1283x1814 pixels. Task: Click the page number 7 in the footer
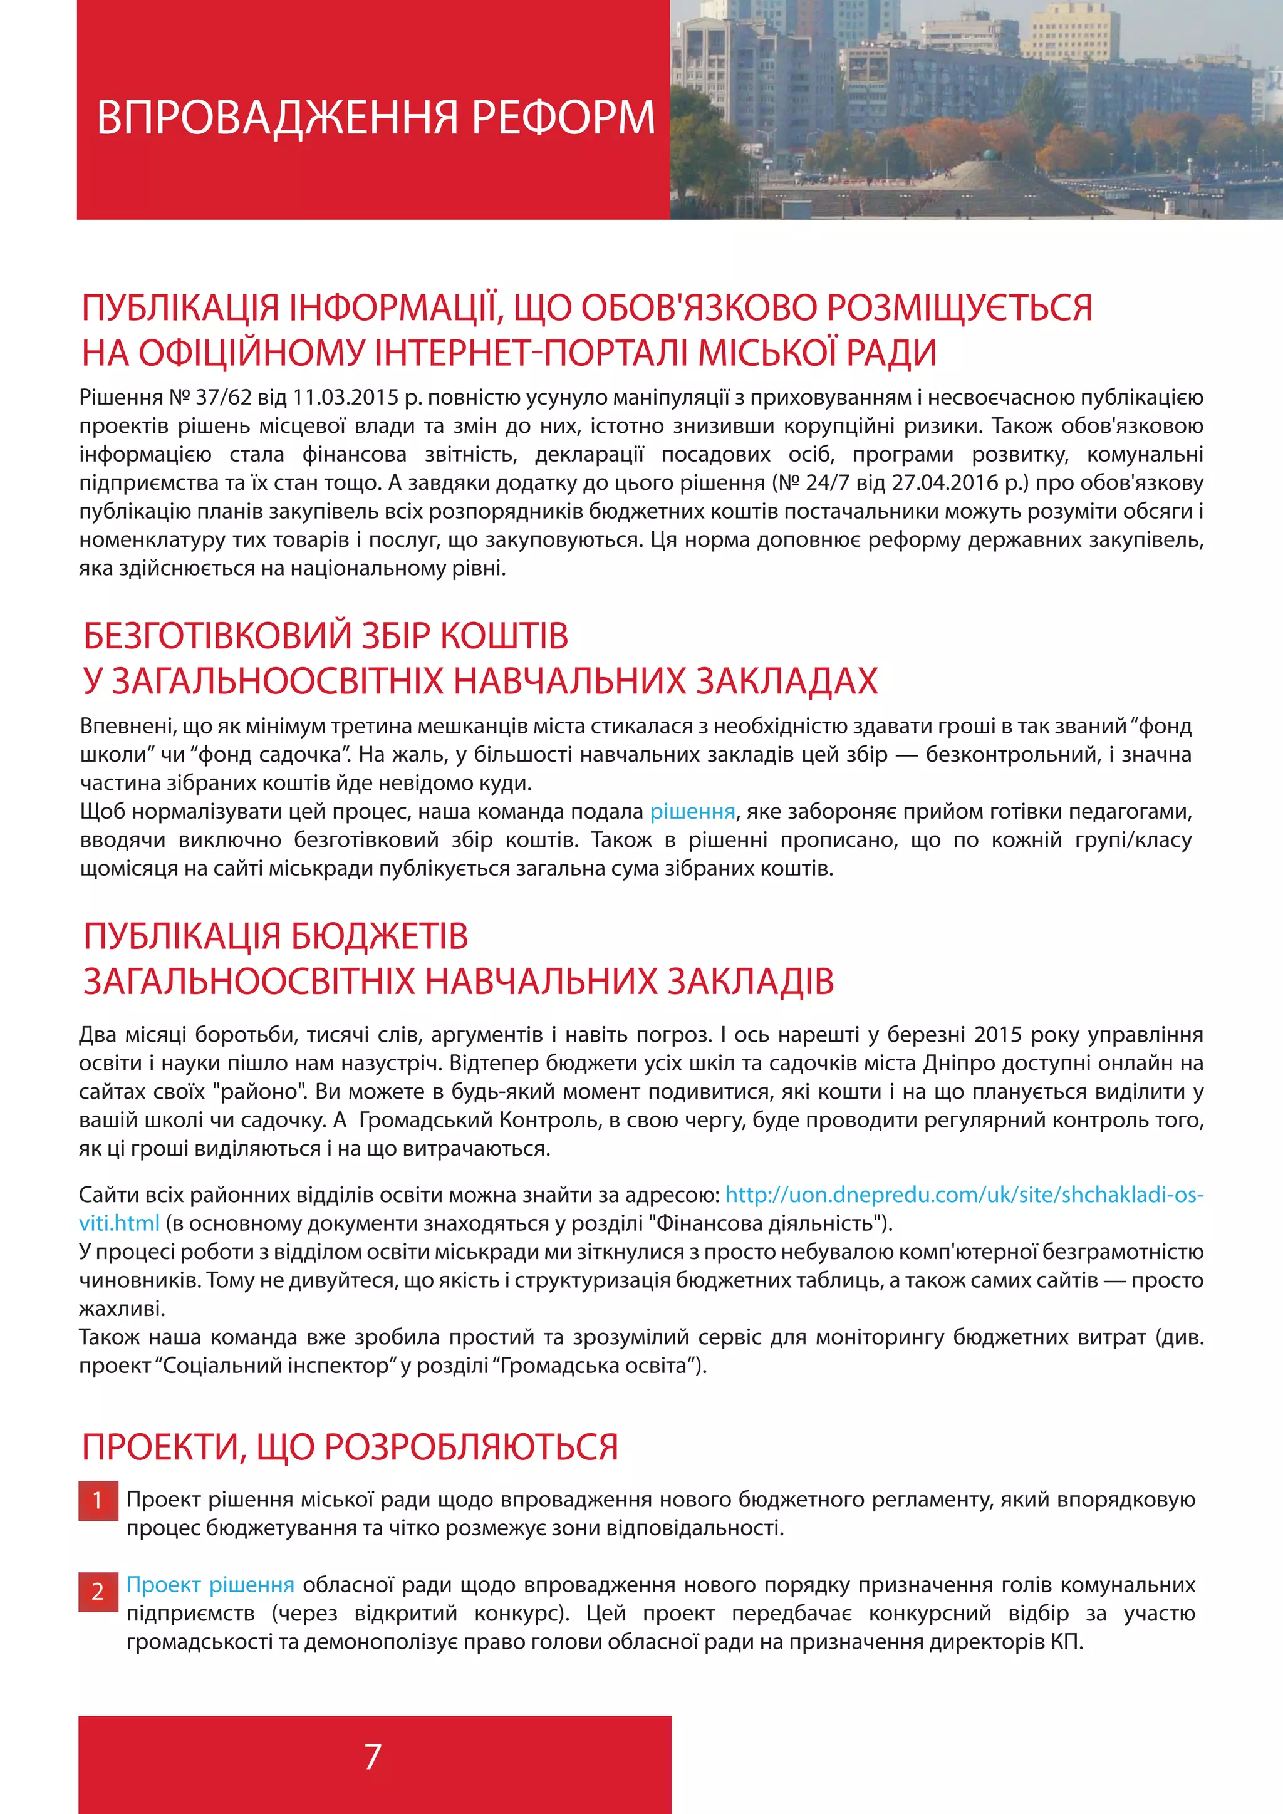[373, 1756]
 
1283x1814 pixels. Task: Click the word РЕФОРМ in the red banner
[563, 118]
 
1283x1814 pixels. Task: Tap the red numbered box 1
[98, 1500]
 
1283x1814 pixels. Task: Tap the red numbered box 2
[98, 1591]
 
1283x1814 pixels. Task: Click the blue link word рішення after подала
[692, 811]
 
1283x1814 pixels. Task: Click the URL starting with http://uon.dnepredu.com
[964, 1195]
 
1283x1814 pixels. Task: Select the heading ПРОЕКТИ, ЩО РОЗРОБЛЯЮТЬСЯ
[350, 1448]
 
